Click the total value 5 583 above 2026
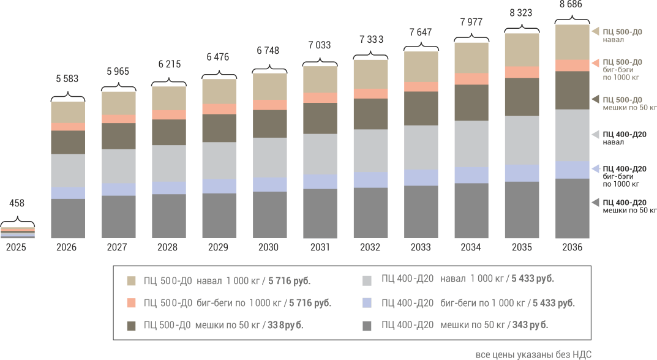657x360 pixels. tap(67, 79)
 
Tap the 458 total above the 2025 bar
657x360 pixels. tap(17, 203)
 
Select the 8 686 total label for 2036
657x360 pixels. tap(571, 5)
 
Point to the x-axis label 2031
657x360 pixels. tap(320, 247)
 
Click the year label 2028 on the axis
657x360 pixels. tap(168, 247)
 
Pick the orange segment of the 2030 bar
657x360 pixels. tap(270, 105)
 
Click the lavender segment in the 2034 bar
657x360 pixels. tap(471, 175)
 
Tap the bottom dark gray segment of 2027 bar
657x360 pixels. tap(119, 217)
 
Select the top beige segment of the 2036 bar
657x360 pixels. tap(573, 42)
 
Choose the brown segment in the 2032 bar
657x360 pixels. tap(371, 114)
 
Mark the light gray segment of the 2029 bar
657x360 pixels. tap(219, 160)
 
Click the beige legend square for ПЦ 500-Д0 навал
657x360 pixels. tap(131, 281)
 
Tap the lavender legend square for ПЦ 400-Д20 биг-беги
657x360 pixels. tap(367, 303)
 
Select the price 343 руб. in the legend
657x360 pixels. tap(530, 325)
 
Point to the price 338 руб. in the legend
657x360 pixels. tap(285, 325)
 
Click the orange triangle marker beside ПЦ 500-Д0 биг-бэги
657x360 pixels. tap(595, 63)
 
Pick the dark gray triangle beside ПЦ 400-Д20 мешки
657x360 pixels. tap(595, 203)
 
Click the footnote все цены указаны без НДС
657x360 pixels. tap(533, 354)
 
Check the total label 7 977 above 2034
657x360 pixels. tap(471, 22)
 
